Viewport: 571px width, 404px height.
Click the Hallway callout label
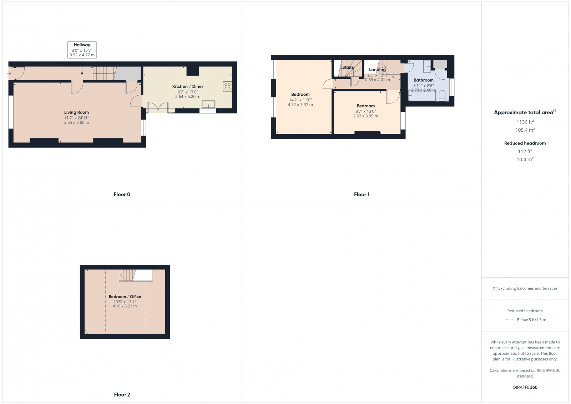(x=82, y=45)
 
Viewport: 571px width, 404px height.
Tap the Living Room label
(x=76, y=112)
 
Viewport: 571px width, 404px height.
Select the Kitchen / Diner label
(x=188, y=86)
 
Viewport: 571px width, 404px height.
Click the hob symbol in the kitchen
(x=227, y=86)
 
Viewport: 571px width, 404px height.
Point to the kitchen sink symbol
(x=209, y=105)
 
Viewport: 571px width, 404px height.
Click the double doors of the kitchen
(x=158, y=108)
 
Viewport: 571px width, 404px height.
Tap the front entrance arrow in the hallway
(x=9, y=74)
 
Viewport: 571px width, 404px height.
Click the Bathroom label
(x=424, y=80)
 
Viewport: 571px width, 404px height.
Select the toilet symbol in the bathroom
(x=442, y=95)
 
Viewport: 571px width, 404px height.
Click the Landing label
(x=377, y=70)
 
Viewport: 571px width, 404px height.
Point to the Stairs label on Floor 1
(x=348, y=67)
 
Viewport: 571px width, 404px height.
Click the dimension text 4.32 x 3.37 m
(x=300, y=105)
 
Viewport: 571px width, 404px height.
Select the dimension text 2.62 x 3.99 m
(x=366, y=116)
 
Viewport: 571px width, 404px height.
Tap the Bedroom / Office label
(x=125, y=297)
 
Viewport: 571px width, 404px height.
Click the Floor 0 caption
(x=122, y=195)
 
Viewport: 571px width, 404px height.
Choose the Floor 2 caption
(x=122, y=395)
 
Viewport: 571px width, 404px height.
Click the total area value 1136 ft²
(x=525, y=122)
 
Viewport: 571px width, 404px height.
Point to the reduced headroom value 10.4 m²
(x=525, y=160)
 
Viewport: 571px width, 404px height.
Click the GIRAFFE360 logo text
(x=525, y=387)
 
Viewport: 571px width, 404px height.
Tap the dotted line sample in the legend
(x=509, y=320)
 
